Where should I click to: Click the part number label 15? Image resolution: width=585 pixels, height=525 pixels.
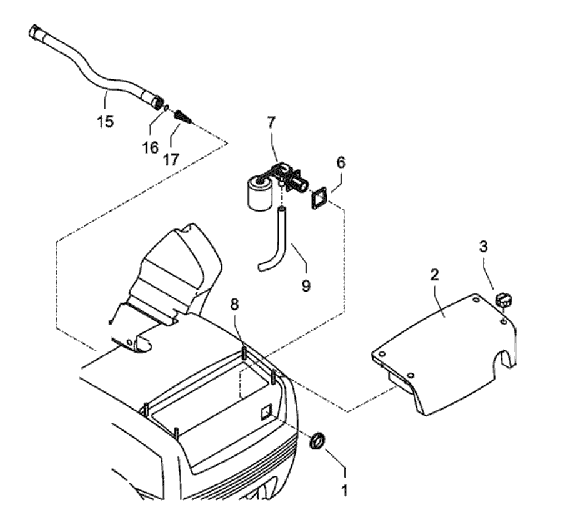click(106, 120)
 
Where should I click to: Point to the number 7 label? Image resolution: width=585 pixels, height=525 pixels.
click(271, 123)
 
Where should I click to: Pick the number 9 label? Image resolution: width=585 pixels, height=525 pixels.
click(306, 285)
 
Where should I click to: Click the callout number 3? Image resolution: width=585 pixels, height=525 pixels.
click(484, 246)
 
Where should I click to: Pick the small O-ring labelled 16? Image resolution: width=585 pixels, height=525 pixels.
click(167, 109)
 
